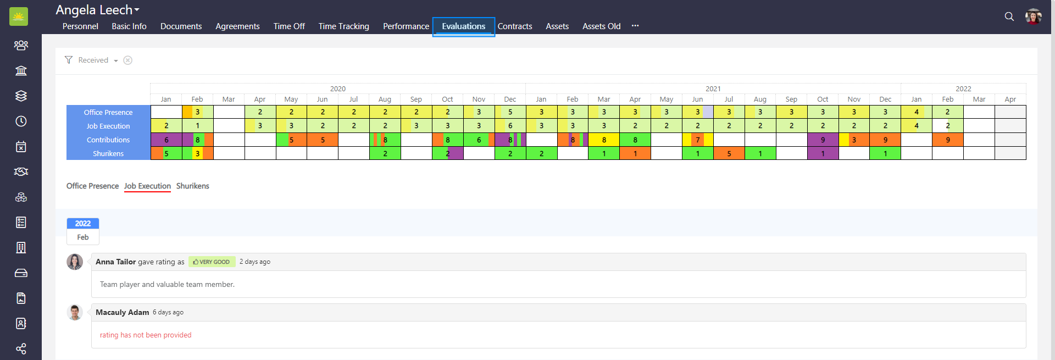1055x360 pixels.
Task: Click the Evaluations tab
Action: pyautogui.click(x=463, y=26)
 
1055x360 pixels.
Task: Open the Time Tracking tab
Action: pyautogui.click(x=343, y=26)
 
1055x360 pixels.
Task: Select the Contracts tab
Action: pyautogui.click(x=515, y=26)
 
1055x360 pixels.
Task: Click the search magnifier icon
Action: pyautogui.click(x=1009, y=16)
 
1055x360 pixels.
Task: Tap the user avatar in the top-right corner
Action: pyautogui.click(x=1033, y=16)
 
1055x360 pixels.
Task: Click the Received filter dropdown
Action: pyautogui.click(x=98, y=60)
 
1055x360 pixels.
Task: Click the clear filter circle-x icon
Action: pyautogui.click(x=127, y=60)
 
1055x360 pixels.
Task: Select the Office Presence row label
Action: pyautogui.click(x=108, y=112)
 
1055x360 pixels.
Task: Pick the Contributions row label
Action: pyautogui.click(x=108, y=140)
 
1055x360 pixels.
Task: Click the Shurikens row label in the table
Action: pyautogui.click(x=108, y=154)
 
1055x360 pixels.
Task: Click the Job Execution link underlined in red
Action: pyautogui.click(x=147, y=186)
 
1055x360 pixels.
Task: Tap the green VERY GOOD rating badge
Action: pyautogui.click(x=212, y=262)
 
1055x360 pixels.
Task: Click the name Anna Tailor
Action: pyautogui.click(x=115, y=262)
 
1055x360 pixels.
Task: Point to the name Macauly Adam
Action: pyautogui.click(x=122, y=312)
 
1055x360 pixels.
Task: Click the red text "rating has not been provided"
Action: pyautogui.click(x=146, y=335)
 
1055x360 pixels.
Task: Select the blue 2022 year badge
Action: pyautogui.click(x=83, y=224)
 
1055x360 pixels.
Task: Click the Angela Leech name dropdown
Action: pyautogui.click(x=98, y=10)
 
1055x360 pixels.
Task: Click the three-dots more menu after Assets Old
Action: pyautogui.click(x=635, y=26)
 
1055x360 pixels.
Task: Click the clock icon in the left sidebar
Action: pyautogui.click(x=21, y=121)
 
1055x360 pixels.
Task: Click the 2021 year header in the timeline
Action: pyautogui.click(x=713, y=88)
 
